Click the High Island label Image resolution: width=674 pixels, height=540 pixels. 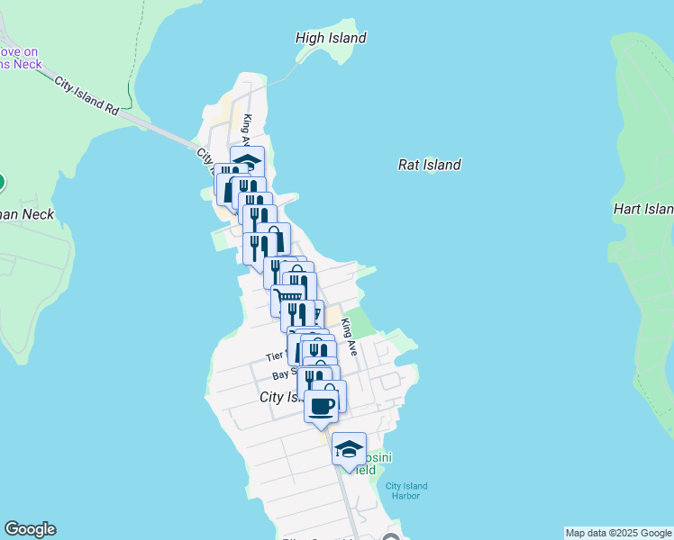coord(331,38)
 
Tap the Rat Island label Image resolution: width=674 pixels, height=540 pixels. coord(429,165)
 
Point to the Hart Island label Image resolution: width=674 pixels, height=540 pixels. coord(643,209)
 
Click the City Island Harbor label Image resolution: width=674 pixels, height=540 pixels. coord(406,491)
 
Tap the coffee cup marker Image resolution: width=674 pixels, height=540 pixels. coord(322,406)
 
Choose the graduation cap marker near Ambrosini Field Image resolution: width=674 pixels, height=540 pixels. coord(349,449)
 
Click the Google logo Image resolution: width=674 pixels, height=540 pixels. coord(30,529)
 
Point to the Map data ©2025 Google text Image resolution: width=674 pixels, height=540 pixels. coord(618,533)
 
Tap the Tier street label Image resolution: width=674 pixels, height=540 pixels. coord(275,357)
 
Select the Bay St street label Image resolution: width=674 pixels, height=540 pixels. coord(285,374)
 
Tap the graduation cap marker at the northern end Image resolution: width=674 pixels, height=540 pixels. coord(248,161)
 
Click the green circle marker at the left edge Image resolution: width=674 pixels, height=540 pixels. coord(1,183)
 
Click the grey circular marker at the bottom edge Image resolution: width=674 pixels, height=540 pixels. coord(390,538)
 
